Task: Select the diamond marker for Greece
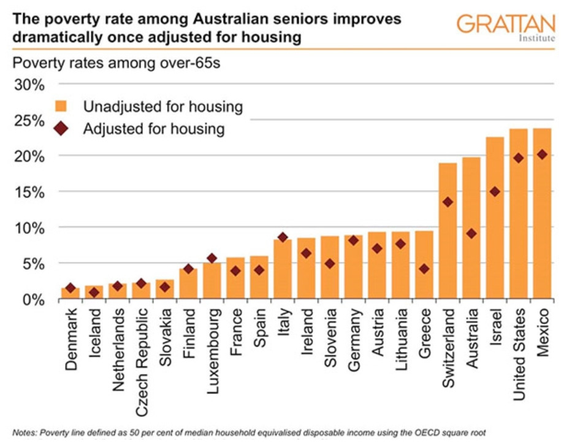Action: pos(424,269)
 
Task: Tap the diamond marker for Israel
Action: pos(495,192)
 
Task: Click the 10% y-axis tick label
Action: pos(30,228)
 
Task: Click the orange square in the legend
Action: pos(61,105)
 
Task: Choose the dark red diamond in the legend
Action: pos(61,129)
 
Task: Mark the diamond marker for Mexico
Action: pos(543,155)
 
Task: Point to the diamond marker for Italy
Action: pos(283,237)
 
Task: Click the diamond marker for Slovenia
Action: pos(330,264)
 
